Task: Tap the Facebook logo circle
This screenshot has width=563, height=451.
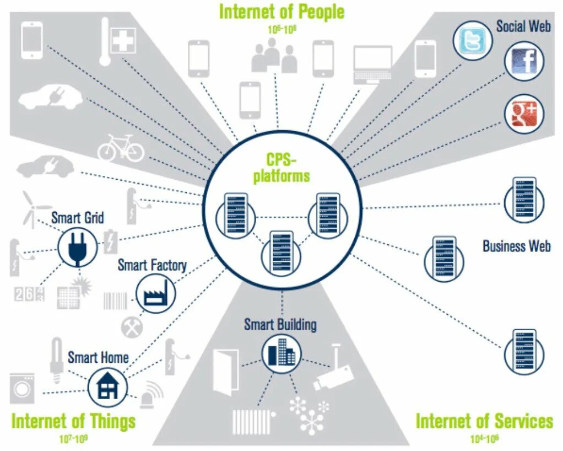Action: click(x=524, y=61)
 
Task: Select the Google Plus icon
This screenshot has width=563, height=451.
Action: click(x=524, y=115)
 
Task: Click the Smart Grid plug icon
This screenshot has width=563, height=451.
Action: click(x=77, y=246)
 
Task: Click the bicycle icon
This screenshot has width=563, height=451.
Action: click(x=121, y=148)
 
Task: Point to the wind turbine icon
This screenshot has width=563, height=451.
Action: click(x=31, y=208)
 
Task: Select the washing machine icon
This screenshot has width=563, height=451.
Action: click(x=22, y=388)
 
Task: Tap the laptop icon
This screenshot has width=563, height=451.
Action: click(x=372, y=65)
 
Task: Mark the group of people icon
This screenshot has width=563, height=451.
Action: click(x=274, y=57)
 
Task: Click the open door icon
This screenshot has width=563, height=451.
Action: click(x=226, y=372)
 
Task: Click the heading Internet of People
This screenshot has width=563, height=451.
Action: click(x=281, y=12)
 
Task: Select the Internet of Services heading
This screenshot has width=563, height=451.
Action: click(x=484, y=421)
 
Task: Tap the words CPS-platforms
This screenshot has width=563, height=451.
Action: click(x=281, y=168)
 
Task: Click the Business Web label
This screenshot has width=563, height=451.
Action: click(x=516, y=246)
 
